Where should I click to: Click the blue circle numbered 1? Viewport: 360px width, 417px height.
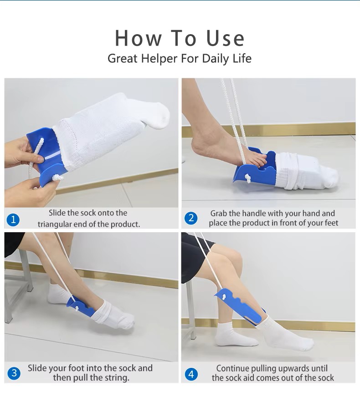(x=13, y=220)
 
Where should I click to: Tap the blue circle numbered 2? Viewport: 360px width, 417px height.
(x=191, y=219)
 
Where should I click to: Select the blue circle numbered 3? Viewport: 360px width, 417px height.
(x=14, y=373)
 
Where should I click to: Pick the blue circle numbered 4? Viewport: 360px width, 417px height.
(x=191, y=374)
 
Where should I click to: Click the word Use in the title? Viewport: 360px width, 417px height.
(x=225, y=38)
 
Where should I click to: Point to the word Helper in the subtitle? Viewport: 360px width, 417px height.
(x=159, y=59)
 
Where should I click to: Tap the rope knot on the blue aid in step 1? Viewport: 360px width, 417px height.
(x=57, y=178)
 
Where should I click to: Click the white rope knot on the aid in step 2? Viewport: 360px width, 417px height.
(x=248, y=178)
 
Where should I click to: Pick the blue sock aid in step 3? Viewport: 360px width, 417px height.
(x=80, y=306)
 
